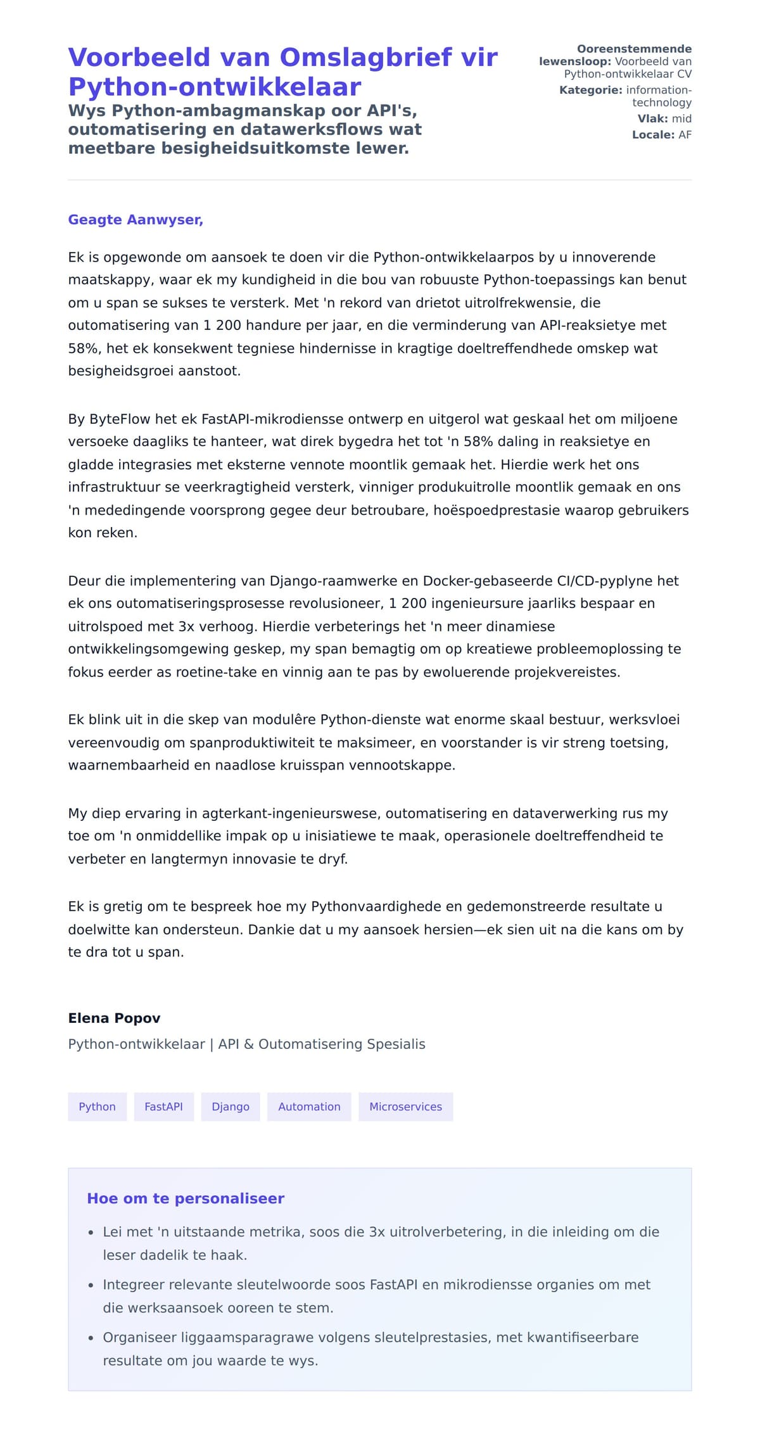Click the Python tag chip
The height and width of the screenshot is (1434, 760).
[97, 1107]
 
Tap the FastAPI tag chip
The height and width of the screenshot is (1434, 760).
[163, 1107]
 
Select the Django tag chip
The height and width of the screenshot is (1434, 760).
[231, 1107]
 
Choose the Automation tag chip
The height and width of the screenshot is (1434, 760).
[309, 1107]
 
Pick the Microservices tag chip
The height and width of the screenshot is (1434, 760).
[405, 1107]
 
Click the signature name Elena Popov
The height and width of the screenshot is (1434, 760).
[114, 1018]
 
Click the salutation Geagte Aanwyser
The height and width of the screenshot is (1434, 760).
[136, 220]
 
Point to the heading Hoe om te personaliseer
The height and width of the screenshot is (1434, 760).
[186, 1198]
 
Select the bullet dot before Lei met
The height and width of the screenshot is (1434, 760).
[91, 1233]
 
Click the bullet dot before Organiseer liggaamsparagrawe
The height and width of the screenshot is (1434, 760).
[91, 1338]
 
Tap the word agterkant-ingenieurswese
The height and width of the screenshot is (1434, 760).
[291, 813]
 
